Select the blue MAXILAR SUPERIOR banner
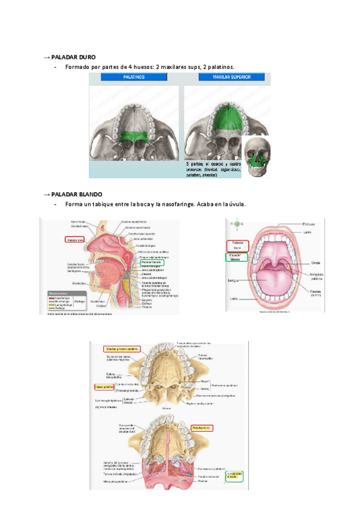coord(224,77)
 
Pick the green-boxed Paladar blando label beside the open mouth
coord(234,256)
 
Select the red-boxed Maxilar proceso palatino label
coord(121,348)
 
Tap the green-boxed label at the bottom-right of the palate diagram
coord(233,474)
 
